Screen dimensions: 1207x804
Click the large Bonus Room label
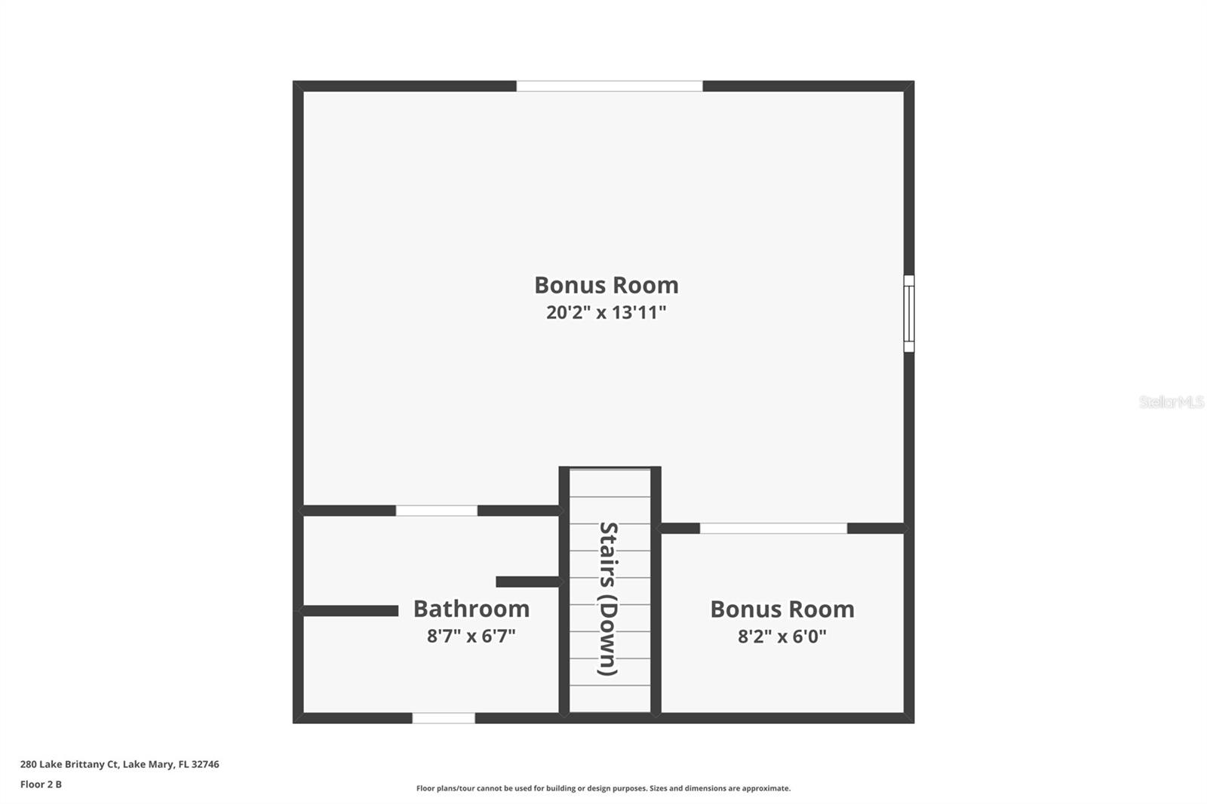click(607, 285)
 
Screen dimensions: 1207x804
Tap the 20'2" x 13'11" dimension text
click(607, 312)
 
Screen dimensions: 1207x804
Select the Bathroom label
click(471, 609)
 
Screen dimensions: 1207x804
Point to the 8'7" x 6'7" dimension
click(471, 637)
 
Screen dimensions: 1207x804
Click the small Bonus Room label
click(782, 609)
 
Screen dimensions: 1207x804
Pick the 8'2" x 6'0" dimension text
click(782, 637)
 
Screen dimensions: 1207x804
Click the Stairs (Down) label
click(608, 599)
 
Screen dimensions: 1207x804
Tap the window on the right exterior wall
click(909, 314)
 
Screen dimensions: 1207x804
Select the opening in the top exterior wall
click(610, 86)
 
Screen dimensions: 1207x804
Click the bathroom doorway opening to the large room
click(437, 511)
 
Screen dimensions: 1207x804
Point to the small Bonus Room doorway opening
click(773, 529)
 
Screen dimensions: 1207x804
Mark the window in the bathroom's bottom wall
click(444, 718)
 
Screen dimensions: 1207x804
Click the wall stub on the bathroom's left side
click(350, 611)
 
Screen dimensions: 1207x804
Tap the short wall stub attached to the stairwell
click(528, 582)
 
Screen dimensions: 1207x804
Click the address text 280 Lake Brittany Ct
click(69, 764)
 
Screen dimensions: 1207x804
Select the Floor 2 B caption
click(41, 784)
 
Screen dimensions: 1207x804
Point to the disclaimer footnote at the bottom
click(603, 788)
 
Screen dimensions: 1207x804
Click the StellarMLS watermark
click(1172, 402)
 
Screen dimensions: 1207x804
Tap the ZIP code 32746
click(205, 764)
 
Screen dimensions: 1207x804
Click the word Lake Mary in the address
click(148, 764)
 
